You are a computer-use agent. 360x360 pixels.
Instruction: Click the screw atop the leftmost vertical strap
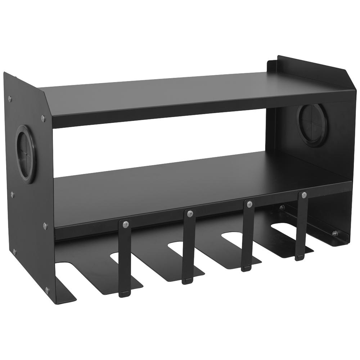(x=125, y=224)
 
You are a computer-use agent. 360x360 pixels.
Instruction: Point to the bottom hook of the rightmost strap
(x=299, y=256)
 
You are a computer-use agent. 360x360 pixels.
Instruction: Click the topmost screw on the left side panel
(x=10, y=97)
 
